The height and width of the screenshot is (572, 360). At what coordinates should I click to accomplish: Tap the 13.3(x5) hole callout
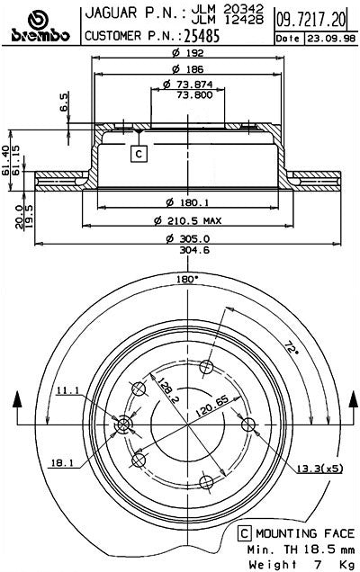point(319,468)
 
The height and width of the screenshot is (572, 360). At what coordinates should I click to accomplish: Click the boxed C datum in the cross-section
point(139,155)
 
